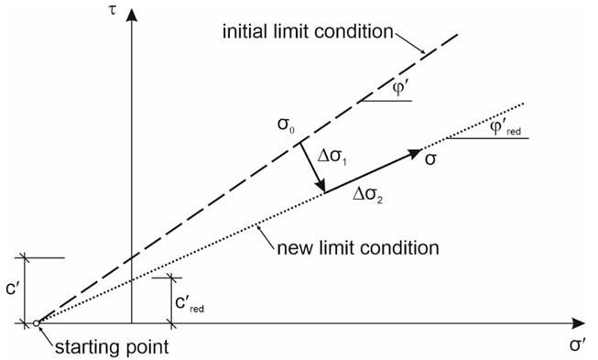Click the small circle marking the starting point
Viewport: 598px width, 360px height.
[36, 323]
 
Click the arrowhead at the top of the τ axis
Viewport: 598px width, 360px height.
[133, 11]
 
